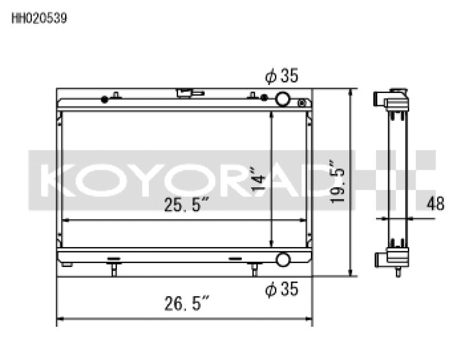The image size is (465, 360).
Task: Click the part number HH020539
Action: pyautogui.click(x=39, y=18)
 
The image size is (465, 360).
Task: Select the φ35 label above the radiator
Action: pyautogui.click(x=282, y=76)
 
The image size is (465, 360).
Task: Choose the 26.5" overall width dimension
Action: pyautogui.click(x=185, y=304)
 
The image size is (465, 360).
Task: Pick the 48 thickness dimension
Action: pyautogui.click(x=435, y=204)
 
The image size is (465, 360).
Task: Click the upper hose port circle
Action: pyautogui.click(x=284, y=99)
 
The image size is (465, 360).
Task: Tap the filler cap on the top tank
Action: pyautogui.click(x=187, y=93)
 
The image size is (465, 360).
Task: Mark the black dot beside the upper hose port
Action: pyautogui.click(x=264, y=97)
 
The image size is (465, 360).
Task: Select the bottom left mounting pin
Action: pyautogui.click(x=114, y=269)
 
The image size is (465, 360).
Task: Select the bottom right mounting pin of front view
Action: pyautogui.click(x=254, y=269)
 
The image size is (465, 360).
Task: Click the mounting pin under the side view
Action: pyautogui.click(x=399, y=271)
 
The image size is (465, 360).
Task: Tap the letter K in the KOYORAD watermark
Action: pyautogui.click(x=56, y=180)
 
